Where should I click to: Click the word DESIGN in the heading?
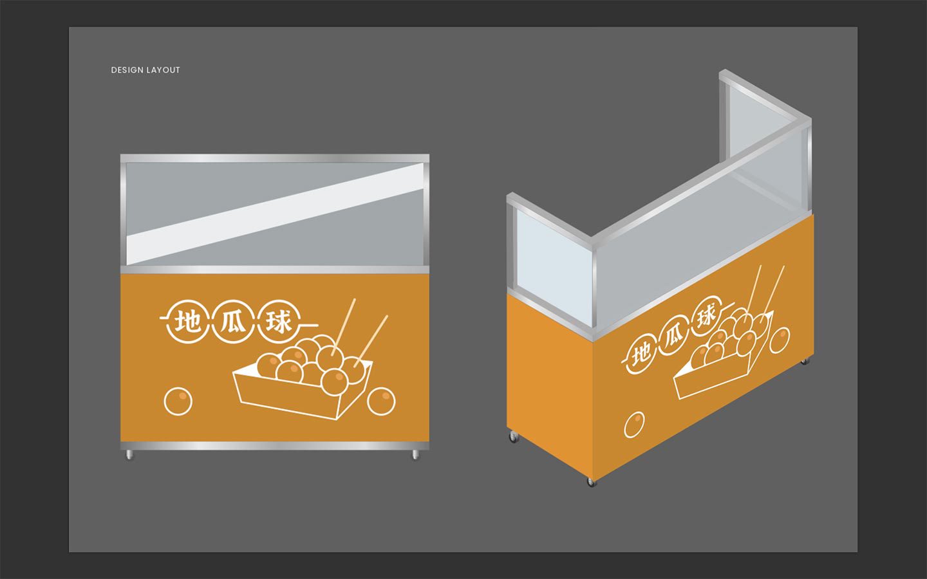tap(127, 70)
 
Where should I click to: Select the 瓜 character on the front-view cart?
tap(232, 322)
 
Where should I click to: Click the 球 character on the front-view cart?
tap(278, 322)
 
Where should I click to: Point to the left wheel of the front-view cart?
tap(129, 455)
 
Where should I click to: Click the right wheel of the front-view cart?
tap(415, 455)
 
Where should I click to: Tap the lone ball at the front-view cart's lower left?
tap(178, 401)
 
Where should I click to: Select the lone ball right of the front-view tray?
tap(381, 401)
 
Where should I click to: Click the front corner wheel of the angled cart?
tap(592, 482)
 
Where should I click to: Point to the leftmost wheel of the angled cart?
tap(514, 437)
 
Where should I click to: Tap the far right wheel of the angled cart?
tap(805, 362)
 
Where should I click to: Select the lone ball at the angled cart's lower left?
tap(634, 425)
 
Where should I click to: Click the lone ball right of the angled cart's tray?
tap(780, 340)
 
